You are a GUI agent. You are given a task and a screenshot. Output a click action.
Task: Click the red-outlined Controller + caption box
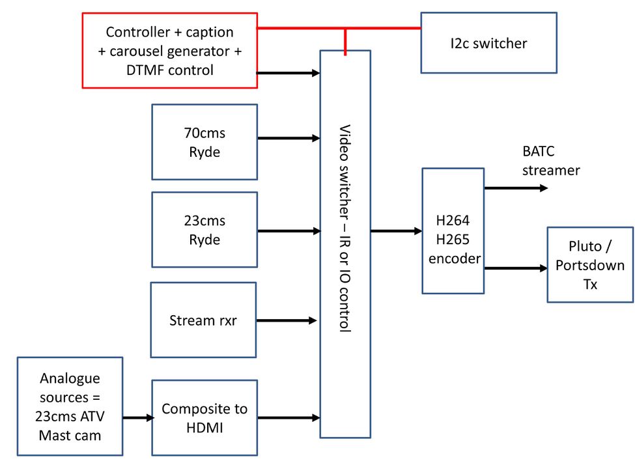click(169, 50)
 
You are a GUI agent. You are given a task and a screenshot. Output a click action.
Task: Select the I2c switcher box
click(488, 43)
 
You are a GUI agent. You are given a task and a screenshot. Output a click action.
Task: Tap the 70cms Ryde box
click(205, 141)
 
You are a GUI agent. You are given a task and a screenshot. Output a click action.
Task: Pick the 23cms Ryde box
click(205, 229)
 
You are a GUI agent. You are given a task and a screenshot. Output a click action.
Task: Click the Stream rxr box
click(203, 320)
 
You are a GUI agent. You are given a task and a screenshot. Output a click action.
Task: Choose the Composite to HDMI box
click(205, 417)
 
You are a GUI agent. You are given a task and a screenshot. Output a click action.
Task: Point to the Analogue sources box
click(70, 406)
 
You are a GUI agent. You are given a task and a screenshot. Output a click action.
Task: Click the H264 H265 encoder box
click(453, 231)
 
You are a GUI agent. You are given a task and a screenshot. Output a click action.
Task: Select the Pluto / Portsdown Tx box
click(589, 264)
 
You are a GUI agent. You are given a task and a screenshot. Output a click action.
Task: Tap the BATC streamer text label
click(551, 161)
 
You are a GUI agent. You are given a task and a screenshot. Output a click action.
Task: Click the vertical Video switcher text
click(345, 228)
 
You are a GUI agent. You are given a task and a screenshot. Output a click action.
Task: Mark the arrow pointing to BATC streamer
click(515, 188)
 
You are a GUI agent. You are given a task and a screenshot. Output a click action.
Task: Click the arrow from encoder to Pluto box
click(515, 268)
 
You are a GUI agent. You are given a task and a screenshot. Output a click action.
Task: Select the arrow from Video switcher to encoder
click(396, 231)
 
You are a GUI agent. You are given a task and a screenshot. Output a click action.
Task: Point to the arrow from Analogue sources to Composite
click(137, 418)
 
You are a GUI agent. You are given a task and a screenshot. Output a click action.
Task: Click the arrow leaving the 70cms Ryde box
click(289, 138)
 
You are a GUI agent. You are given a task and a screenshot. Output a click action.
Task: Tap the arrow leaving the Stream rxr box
click(287, 320)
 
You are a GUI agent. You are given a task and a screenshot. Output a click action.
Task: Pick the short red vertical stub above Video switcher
click(345, 39)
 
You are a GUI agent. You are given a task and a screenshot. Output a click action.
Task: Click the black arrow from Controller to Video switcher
click(289, 73)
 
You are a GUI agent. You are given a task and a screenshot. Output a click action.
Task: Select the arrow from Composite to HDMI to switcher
click(289, 417)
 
